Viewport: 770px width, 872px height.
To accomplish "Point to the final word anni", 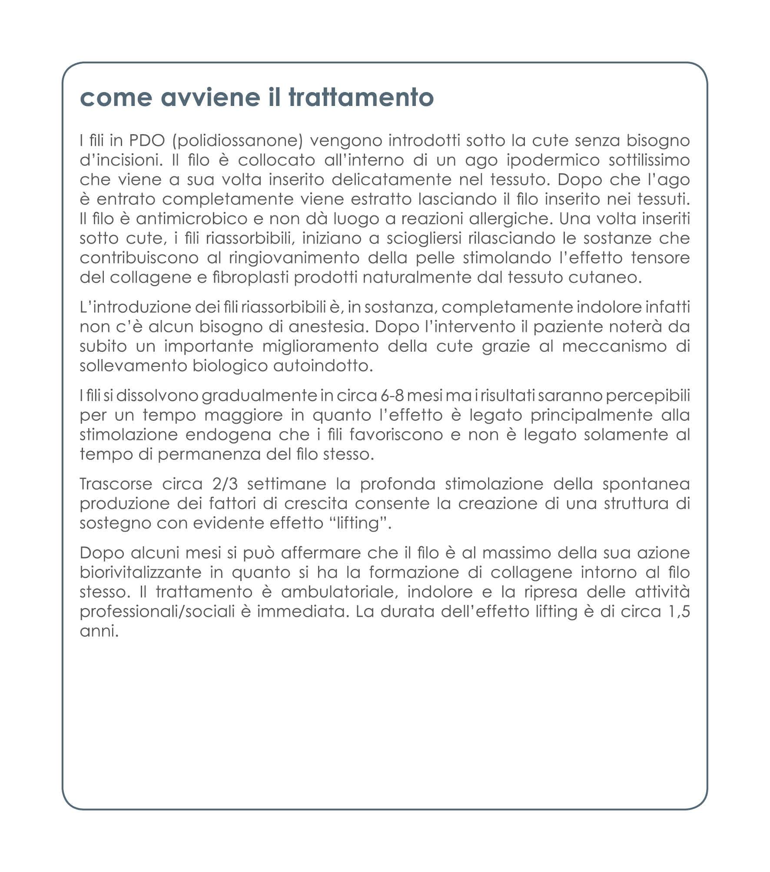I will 99,631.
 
